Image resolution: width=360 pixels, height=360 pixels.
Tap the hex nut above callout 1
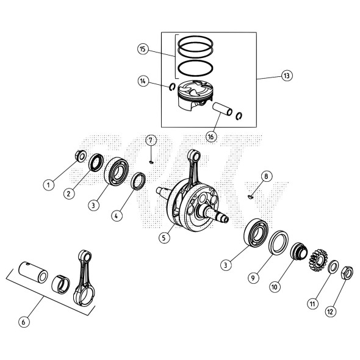80,156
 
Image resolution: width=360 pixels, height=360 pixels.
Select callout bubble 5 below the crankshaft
164,238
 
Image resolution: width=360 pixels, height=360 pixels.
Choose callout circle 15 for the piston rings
142,49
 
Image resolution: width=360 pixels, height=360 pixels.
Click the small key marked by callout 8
251,196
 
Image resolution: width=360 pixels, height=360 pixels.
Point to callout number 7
150,141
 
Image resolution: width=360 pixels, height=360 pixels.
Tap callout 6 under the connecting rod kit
24,322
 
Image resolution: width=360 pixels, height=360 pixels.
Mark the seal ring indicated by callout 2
96,164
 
